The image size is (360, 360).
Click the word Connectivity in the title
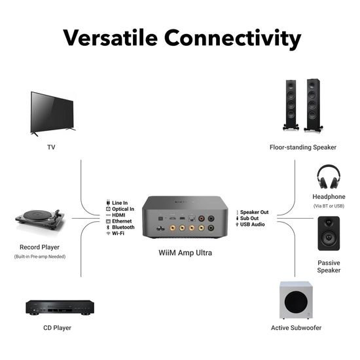(x=234, y=38)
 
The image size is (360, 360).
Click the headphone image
(x=327, y=177)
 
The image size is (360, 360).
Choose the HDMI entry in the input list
(x=120, y=215)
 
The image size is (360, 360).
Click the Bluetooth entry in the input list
(x=123, y=227)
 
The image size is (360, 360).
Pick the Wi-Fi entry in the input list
(x=118, y=233)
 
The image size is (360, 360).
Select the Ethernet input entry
(x=122, y=221)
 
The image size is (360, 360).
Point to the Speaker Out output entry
(x=255, y=212)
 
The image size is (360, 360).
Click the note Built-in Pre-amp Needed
(x=40, y=257)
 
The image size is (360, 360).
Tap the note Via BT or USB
(x=328, y=206)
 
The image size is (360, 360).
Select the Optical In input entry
(x=123, y=209)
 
